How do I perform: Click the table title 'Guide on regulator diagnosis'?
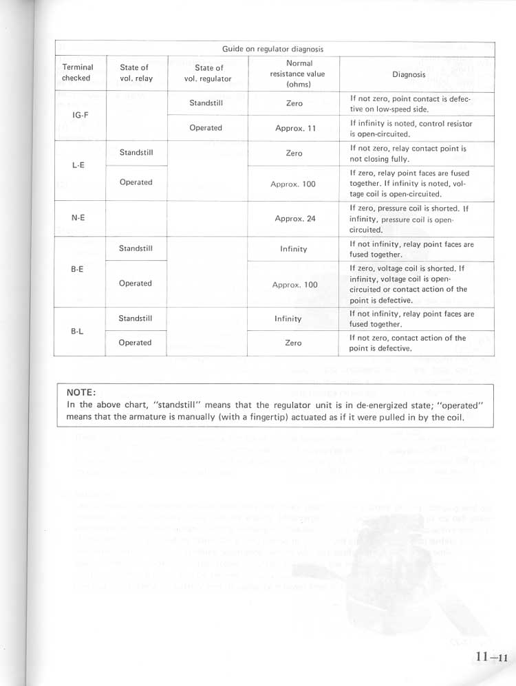[272, 49]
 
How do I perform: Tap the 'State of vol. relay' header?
[136, 72]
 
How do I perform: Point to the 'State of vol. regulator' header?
[208, 73]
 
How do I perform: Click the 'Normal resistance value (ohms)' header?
[293, 74]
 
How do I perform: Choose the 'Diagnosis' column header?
[409, 74]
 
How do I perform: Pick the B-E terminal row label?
[77, 270]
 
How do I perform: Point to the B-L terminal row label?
[77, 330]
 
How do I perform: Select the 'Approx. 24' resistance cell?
[294, 219]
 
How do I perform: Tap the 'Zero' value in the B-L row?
[293, 343]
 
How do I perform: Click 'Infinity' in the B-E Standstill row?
[293, 249]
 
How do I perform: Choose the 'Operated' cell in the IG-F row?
[206, 127]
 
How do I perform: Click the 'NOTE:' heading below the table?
[82, 392]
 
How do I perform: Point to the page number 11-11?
[491, 657]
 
